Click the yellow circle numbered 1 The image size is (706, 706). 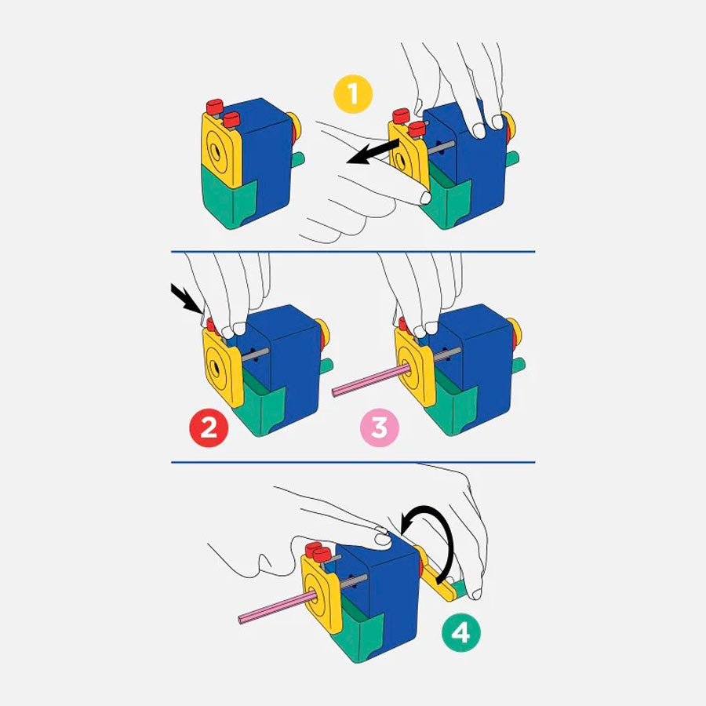coord(352,93)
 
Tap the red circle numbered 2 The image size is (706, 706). coord(209,427)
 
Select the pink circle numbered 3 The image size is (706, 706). coord(379,427)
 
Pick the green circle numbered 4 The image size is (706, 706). coord(460,633)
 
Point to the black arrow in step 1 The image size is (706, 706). coord(373,151)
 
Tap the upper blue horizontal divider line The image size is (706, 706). coord(353,251)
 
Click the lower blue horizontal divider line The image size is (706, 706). coord(353,462)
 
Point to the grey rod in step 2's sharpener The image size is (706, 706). coord(255,355)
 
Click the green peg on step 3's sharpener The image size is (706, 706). coord(519,365)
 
